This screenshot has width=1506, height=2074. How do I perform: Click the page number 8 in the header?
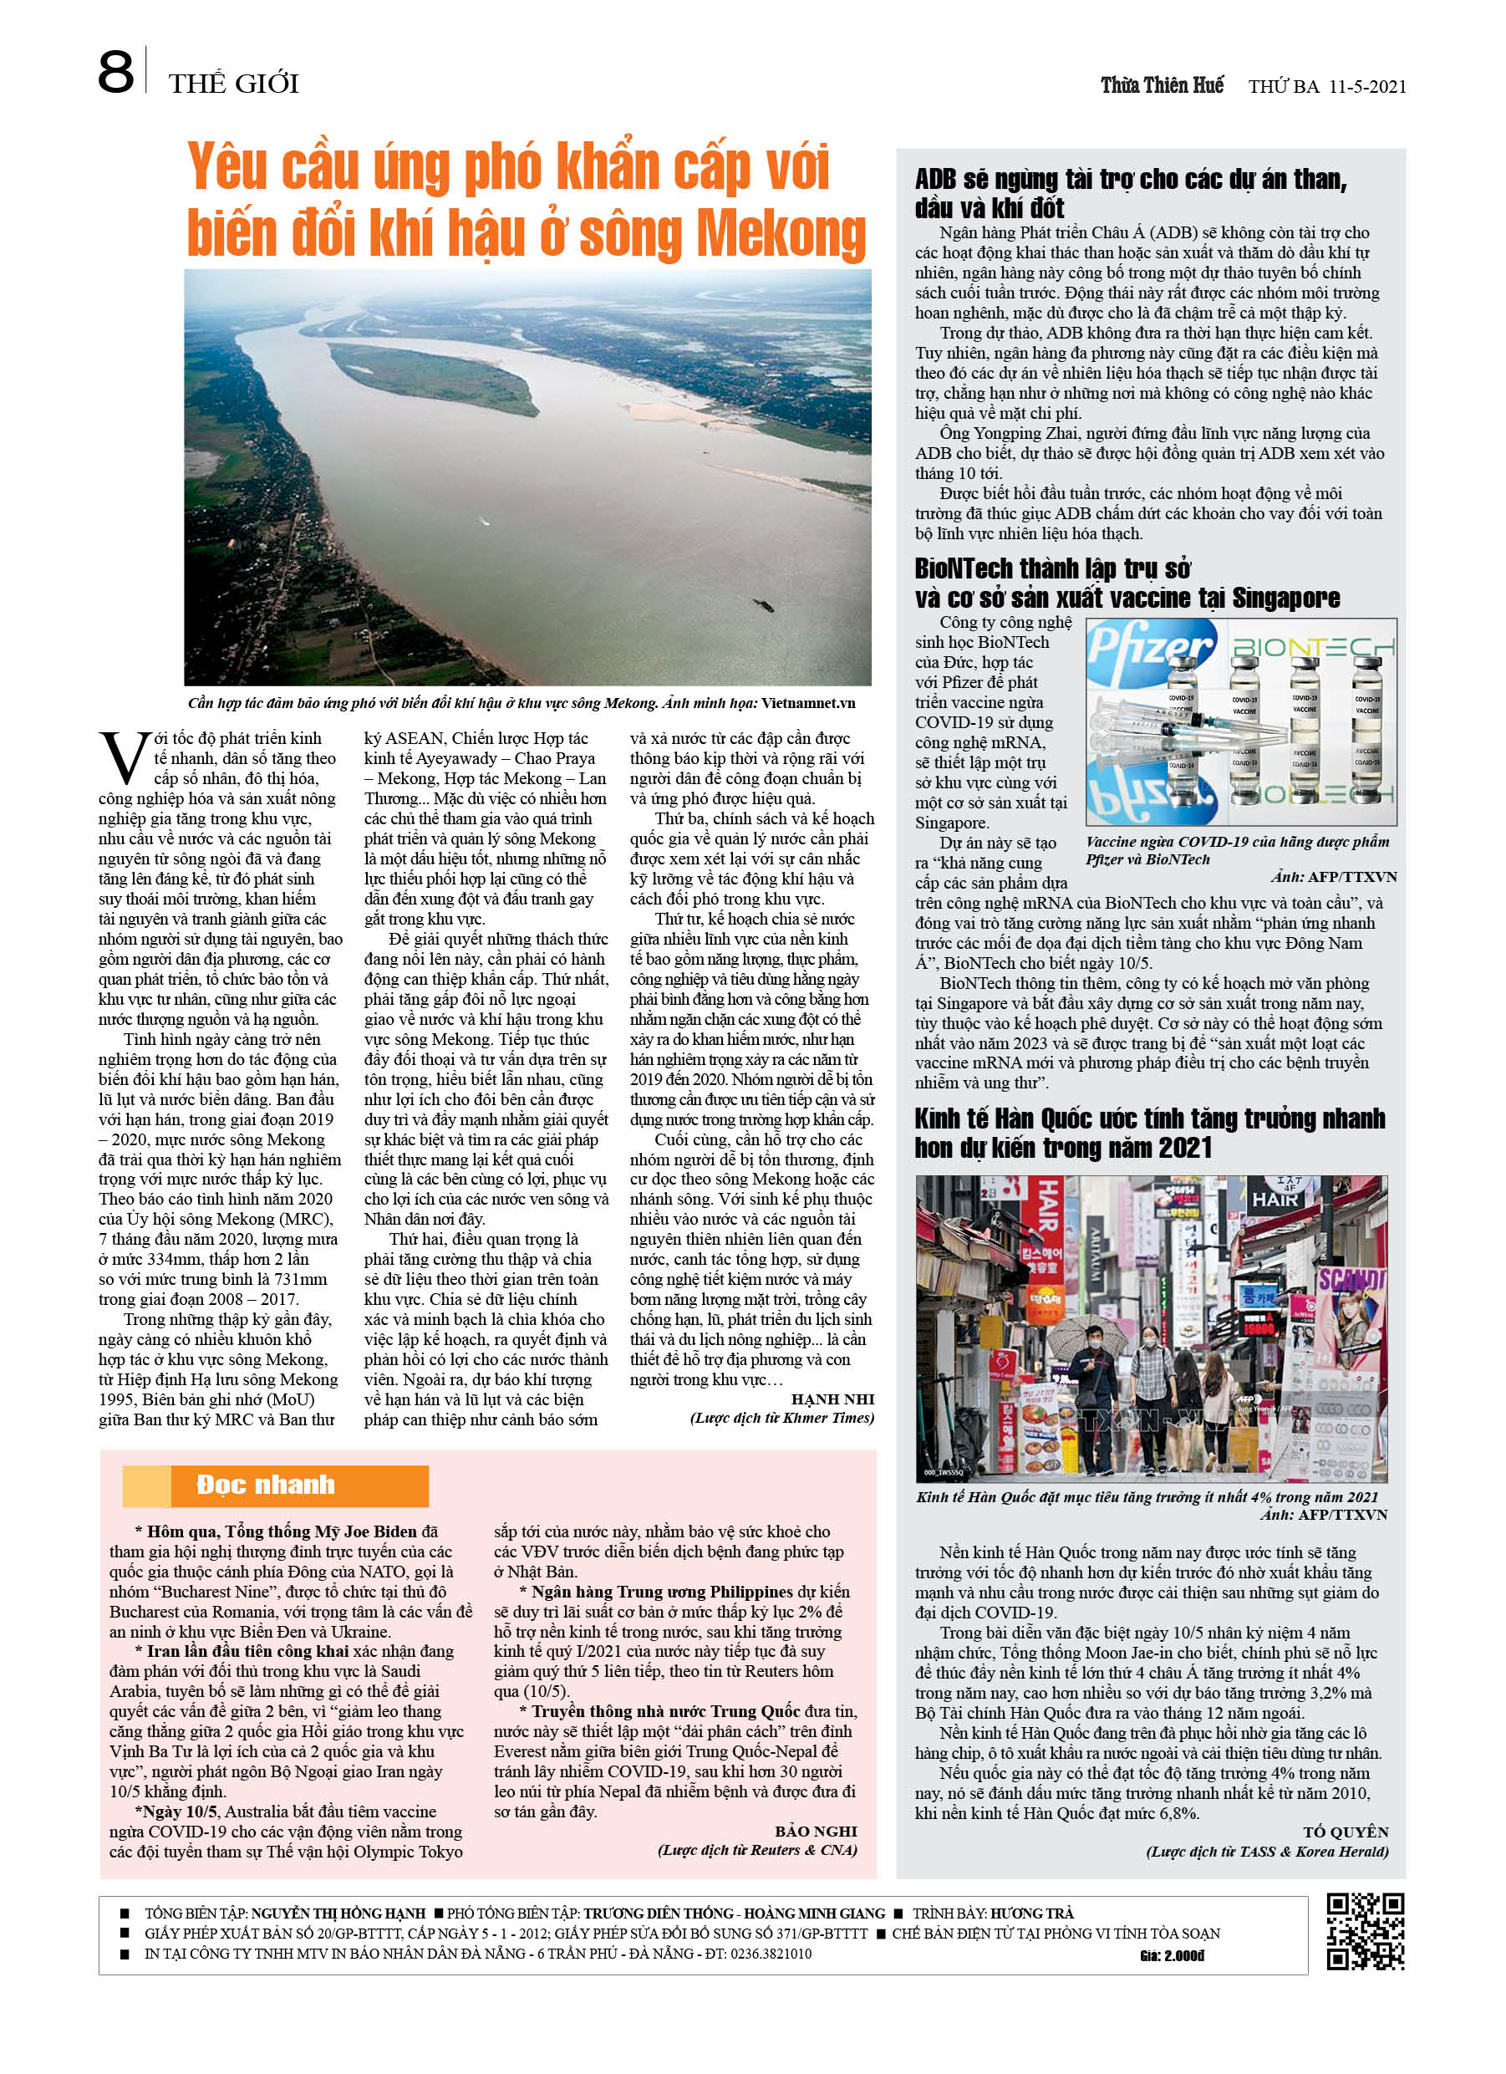(115, 74)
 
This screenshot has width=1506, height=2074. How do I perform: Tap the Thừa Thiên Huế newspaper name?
(1162, 86)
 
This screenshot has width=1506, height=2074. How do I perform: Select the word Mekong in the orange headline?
(781, 234)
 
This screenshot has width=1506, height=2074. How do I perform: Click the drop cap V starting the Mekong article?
(124, 758)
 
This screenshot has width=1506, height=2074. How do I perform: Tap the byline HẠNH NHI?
(832, 1399)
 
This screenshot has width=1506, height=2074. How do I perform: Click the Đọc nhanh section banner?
(275, 1485)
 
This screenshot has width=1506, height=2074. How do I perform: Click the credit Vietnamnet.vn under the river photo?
(807, 703)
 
